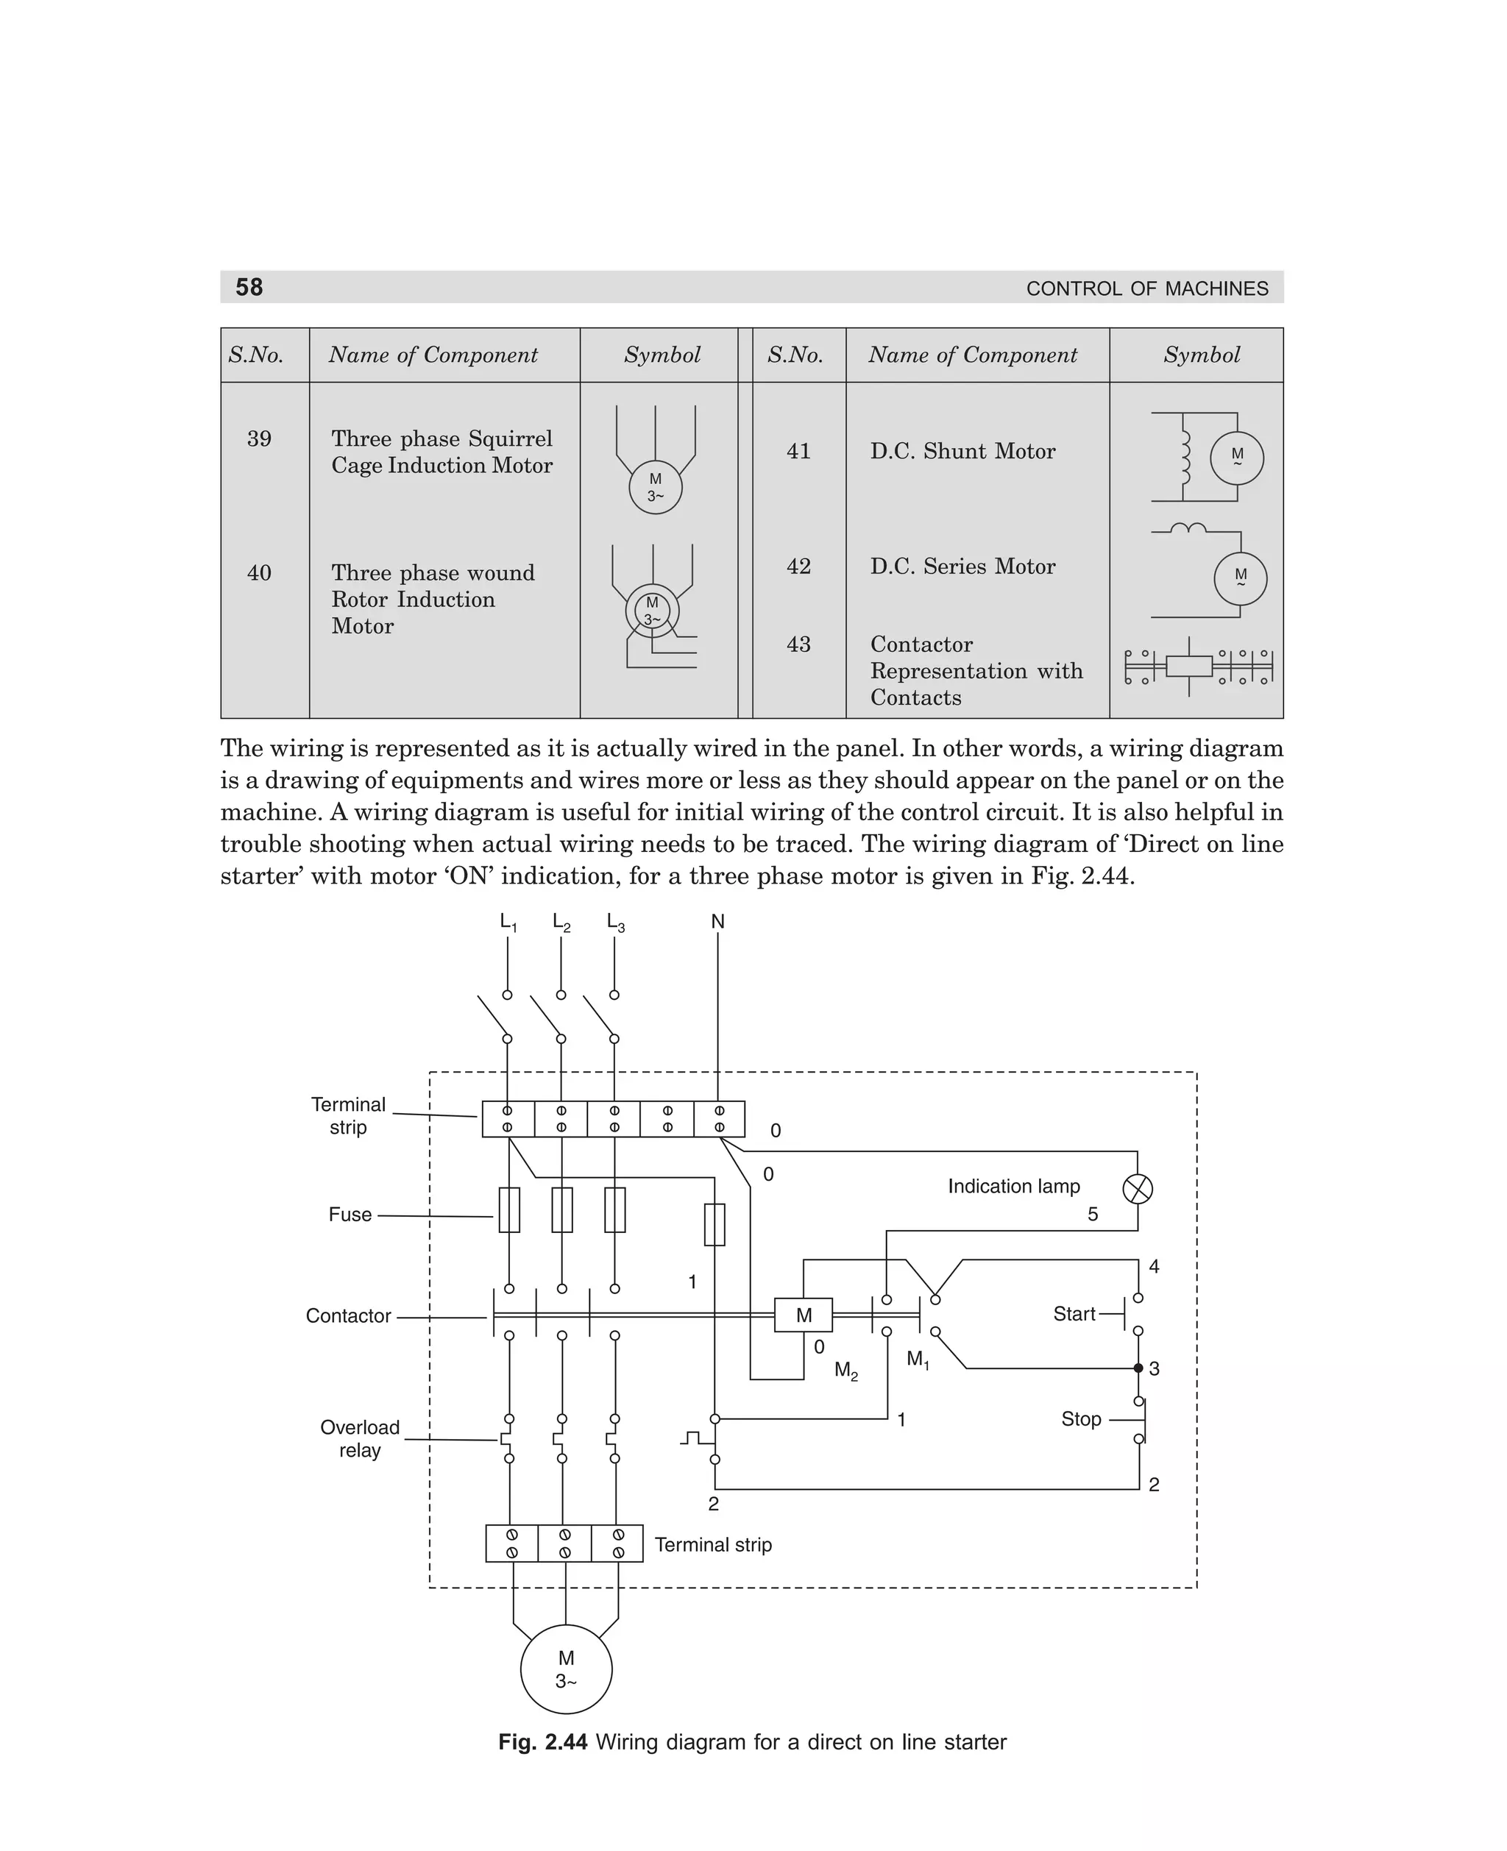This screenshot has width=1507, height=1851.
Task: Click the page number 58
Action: click(x=249, y=287)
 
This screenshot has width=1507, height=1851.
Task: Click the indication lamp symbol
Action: click(x=1137, y=1189)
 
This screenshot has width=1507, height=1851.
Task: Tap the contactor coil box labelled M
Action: click(x=803, y=1315)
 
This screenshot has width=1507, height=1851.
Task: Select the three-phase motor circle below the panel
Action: click(x=566, y=1669)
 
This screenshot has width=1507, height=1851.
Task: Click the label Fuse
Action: click(x=350, y=1214)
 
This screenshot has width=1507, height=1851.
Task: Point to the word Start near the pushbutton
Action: click(x=1074, y=1314)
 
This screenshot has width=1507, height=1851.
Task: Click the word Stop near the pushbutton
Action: click(x=1081, y=1419)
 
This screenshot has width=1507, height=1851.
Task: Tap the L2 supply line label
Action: click(x=561, y=923)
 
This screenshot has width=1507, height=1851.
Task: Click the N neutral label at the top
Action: click(x=718, y=922)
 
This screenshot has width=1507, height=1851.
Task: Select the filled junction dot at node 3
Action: click(x=1138, y=1368)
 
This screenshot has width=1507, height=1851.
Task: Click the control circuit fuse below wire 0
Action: click(x=715, y=1223)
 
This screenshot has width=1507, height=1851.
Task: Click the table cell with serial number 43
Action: click(x=798, y=644)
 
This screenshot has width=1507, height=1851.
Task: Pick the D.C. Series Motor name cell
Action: click(x=962, y=566)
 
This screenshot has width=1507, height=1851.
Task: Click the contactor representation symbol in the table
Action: click(x=1198, y=667)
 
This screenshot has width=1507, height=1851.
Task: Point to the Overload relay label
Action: click(x=359, y=1438)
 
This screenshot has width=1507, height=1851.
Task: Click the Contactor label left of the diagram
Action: click(x=348, y=1315)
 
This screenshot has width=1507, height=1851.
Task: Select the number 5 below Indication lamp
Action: click(x=1093, y=1214)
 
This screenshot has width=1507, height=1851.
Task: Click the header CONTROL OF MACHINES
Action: click(x=1146, y=288)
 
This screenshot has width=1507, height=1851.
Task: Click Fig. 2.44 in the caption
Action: click(x=542, y=1741)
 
